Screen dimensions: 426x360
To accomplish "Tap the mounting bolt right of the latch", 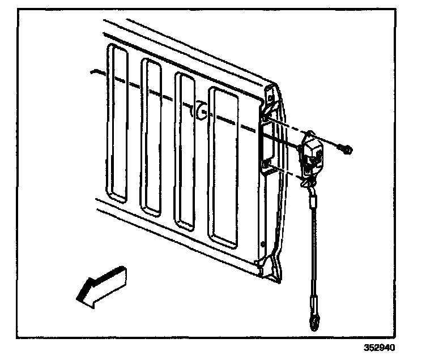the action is (x=346, y=149).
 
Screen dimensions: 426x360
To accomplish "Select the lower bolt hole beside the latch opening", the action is (x=266, y=165).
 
